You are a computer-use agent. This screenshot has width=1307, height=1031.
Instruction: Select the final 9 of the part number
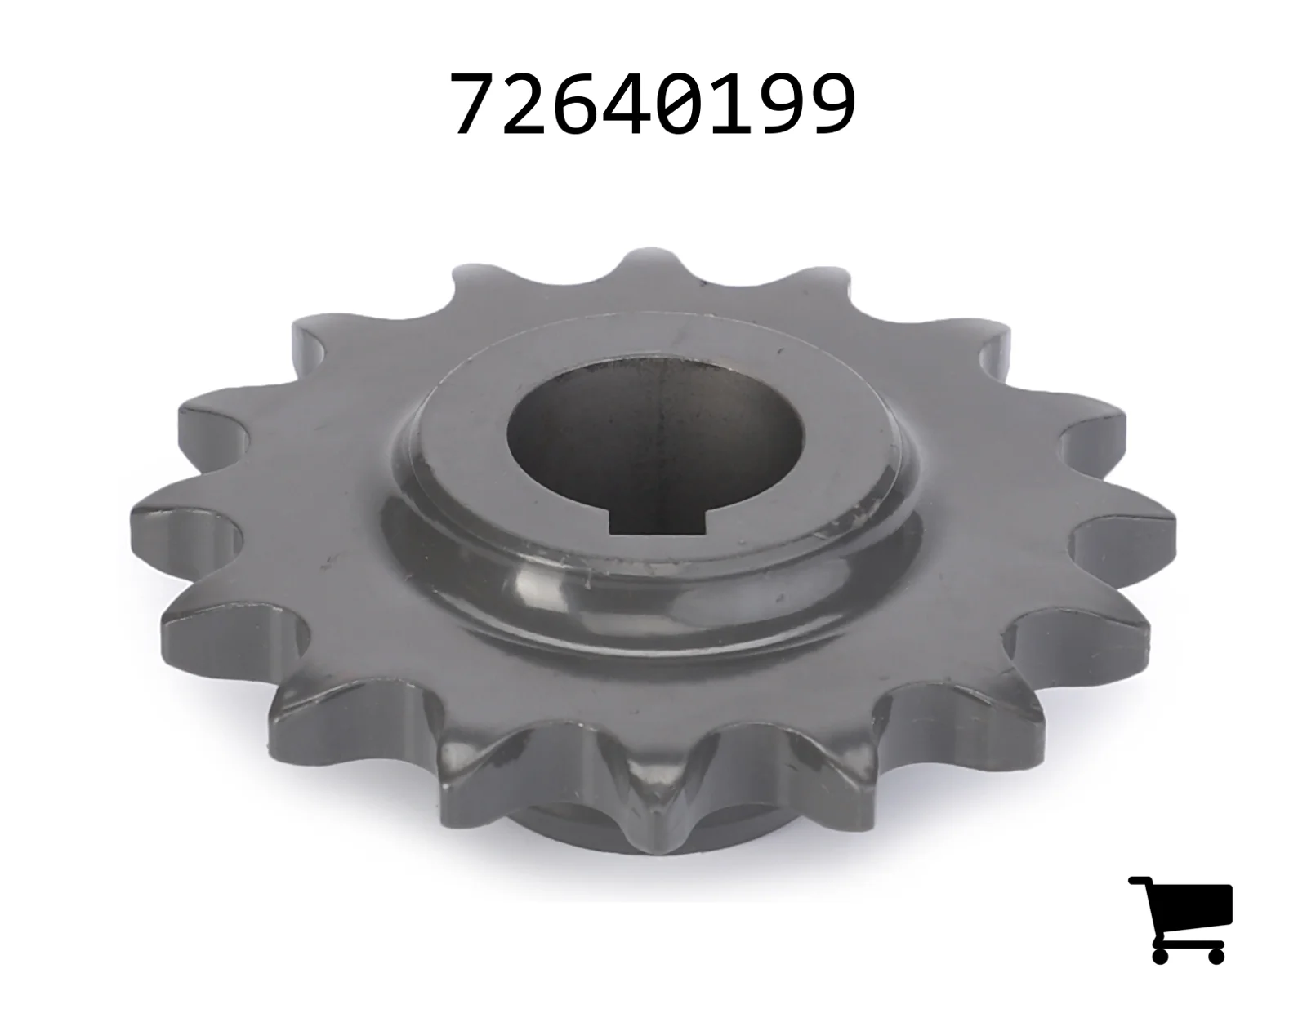point(832,103)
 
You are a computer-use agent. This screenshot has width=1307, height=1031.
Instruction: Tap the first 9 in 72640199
point(782,103)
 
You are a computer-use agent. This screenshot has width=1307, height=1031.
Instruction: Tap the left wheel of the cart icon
point(1160,955)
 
